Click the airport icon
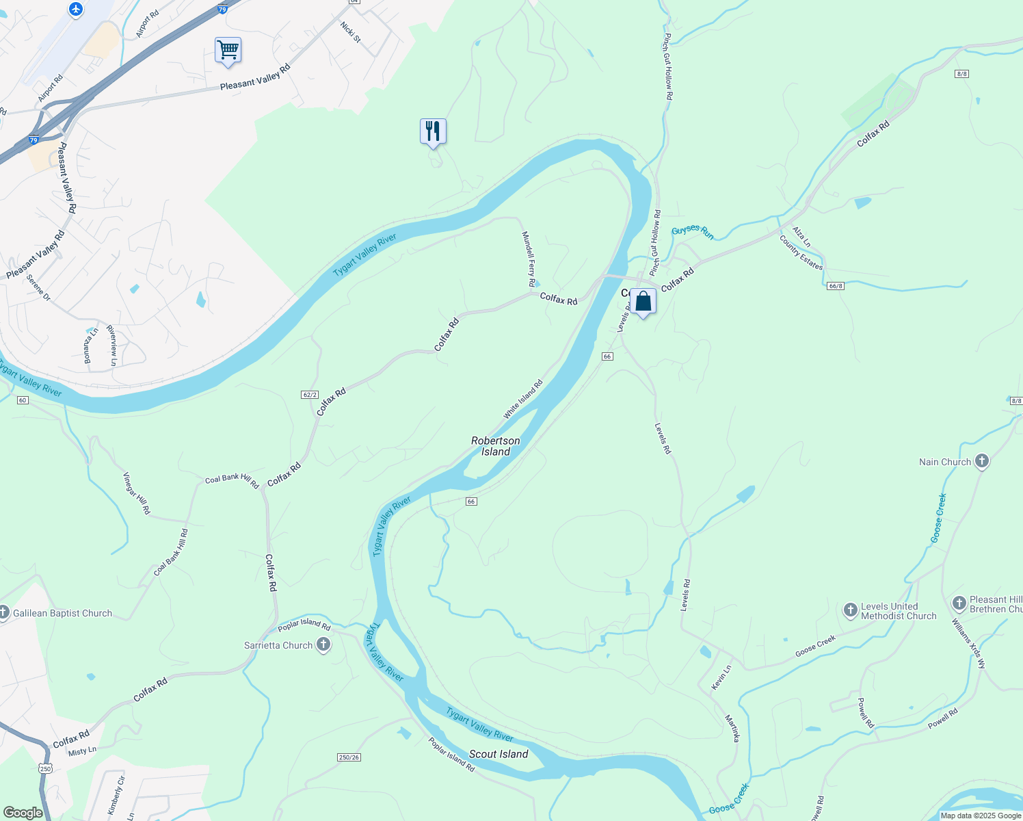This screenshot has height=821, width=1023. [75, 10]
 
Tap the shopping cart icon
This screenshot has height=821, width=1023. [228, 50]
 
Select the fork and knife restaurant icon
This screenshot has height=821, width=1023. [433, 131]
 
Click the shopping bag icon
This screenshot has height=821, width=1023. [643, 301]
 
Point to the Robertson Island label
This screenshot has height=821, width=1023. [496, 446]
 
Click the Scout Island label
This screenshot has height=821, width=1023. [499, 754]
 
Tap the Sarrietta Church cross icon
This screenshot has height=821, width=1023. [323, 644]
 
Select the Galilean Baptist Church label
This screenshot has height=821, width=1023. [62, 613]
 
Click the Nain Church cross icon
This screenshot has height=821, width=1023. [982, 461]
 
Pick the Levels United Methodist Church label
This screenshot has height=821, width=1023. [899, 611]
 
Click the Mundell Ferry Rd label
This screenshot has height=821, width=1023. [529, 259]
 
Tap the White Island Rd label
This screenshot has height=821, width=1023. [523, 399]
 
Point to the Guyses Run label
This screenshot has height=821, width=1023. [693, 233]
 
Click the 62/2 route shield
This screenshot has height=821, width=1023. [309, 395]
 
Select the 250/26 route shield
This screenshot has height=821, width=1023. [349, 757]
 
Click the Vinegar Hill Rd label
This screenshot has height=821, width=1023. [136, 493]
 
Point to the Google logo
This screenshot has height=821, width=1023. [23, 813]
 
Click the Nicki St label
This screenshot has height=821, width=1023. [350, 31]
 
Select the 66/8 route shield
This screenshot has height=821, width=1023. [835, 285]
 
